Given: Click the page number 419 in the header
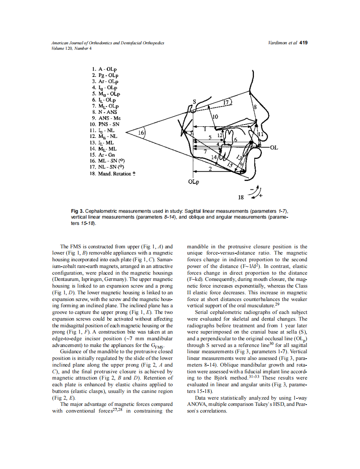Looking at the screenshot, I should coord(304,43).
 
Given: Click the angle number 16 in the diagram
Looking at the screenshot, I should coord(142,133).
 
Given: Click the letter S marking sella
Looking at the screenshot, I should coord(194,102).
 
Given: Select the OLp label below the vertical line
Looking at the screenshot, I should coord(193,182).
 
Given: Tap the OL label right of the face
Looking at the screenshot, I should coord(274,148).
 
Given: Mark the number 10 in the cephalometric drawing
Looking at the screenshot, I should coord(215,117).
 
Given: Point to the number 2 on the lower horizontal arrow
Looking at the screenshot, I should coord(210,169).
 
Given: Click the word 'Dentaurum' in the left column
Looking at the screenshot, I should coord(65,278).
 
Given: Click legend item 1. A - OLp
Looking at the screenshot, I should coord(104,69).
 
